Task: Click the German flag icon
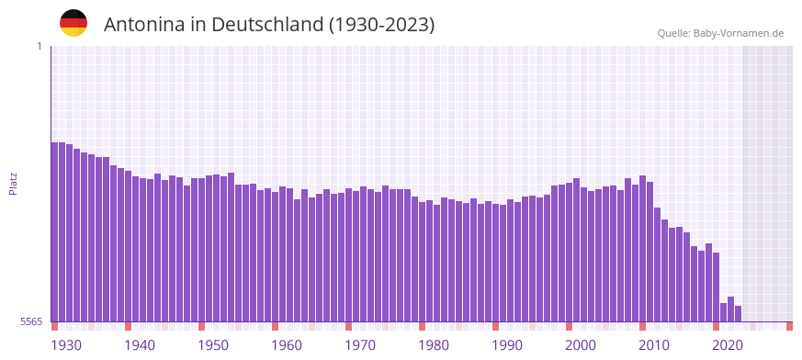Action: [73, 23]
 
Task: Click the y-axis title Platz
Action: [13, 184]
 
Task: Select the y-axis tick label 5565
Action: [30, 321]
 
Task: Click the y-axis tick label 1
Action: [39, 46]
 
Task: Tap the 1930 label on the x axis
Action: [66, 345]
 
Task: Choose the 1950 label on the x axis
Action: [213, 345]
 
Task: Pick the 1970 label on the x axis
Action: [360, 345]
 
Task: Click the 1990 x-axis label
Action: [507, 345]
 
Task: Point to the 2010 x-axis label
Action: [654, 345]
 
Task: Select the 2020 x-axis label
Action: [728, 345]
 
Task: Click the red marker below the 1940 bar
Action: [129, 326]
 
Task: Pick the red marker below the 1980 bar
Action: [423, 326]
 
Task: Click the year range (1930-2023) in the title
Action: [382, 25]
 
